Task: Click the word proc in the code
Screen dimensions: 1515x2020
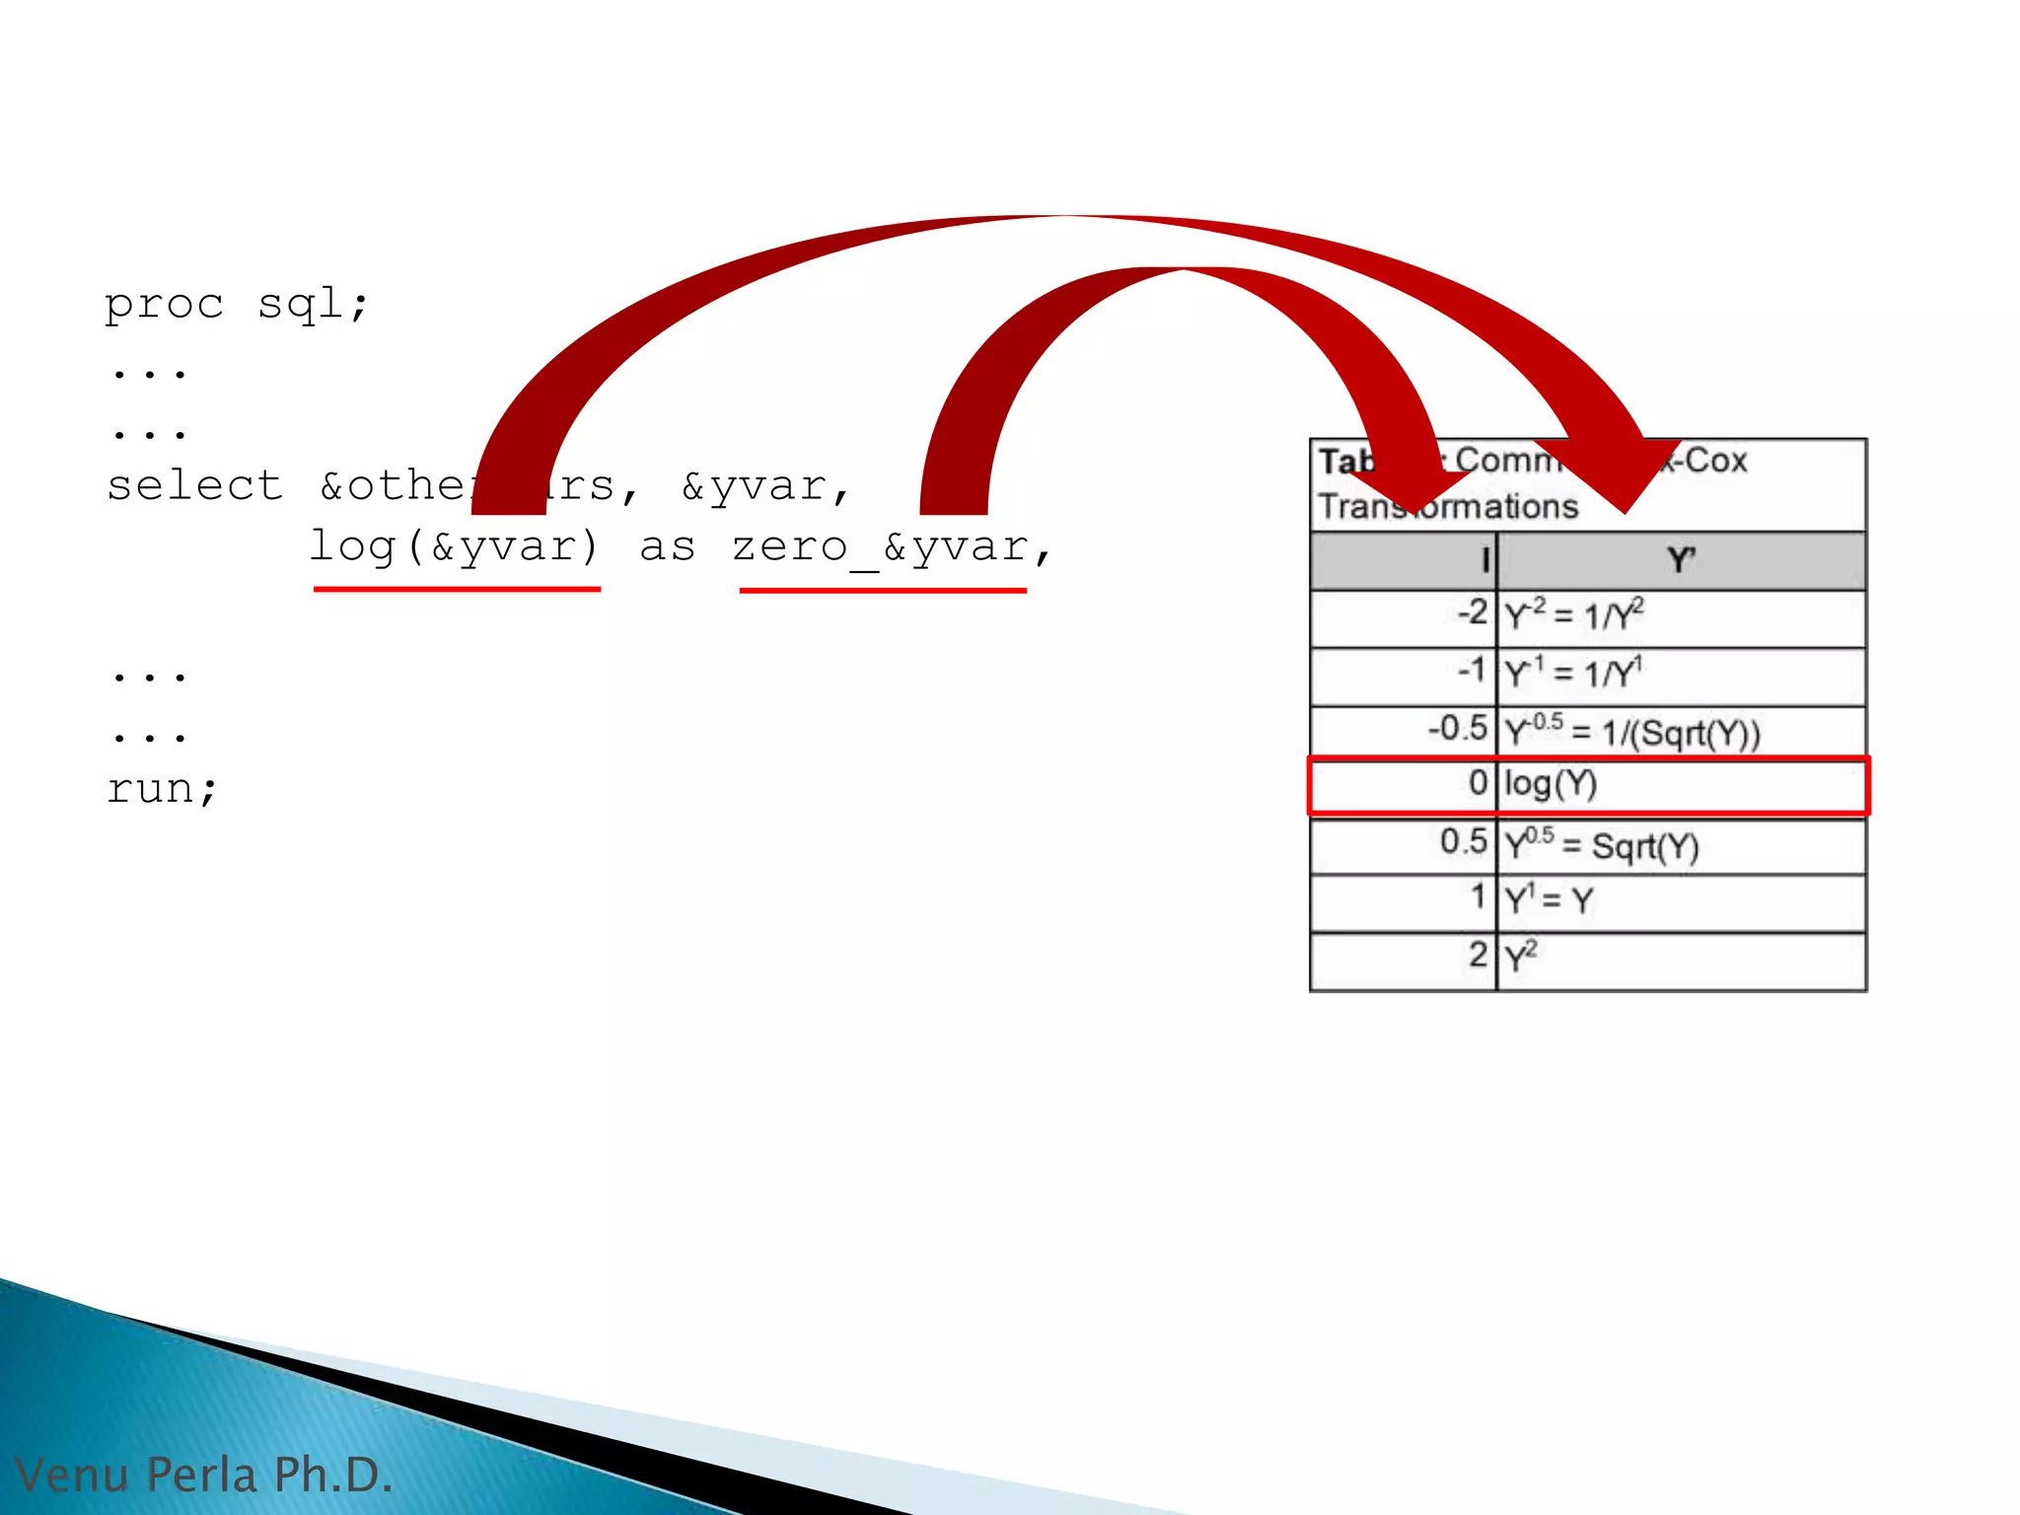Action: pyautogui.click(x=164, y=305)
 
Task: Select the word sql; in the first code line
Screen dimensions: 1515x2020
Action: pyautogui.click(x=313, y=305)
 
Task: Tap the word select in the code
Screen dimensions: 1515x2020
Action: pyautogui.click(x=195, y=486)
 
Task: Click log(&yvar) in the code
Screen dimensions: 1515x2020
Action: pyautogui.click(x=454, y=547)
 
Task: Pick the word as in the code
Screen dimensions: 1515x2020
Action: pyautogui.click(x=667, y=547)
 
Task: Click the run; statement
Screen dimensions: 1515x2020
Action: pyautogui.click(x=162, y=789)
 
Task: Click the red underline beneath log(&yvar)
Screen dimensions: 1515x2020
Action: pyautogui.click(x=457, y=589)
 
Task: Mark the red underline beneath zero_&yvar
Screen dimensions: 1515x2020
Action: pyautogui.click(x=883, y=590)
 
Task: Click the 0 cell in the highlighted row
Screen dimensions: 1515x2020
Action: pyautogui.click(x=1477, y=783)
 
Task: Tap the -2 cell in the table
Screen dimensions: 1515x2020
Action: pyautogui.click(x=1472, y=613)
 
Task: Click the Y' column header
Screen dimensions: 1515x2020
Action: pyautogui.click(x=1681, y=561)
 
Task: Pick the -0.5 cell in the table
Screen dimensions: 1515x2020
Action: pyautogui.click(x=1458, y=730)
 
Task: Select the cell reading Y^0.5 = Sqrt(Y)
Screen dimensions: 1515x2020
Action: pyautogui.click(x=1601, y=846)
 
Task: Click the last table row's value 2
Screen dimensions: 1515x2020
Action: pyautogui.click(x=1477, y=955)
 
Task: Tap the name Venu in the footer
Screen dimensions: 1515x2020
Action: pyautogui.click(x=73, y=1476)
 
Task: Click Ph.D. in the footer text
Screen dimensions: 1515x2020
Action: pyautogui.click(x=333, y=1476)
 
